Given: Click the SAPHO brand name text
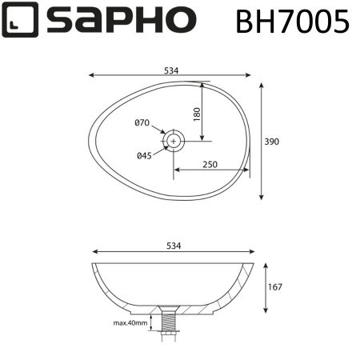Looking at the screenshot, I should point(120,22).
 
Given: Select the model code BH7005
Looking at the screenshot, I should point(292,22).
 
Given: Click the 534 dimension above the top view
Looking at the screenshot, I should point(170,70).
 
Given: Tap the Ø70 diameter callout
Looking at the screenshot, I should point(142,122).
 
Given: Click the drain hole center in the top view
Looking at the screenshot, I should point(174,141).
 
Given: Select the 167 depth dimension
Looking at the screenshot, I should point(276,286).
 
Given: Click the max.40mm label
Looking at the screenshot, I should point(130,322).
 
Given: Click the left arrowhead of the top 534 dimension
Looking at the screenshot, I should point(90,76).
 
